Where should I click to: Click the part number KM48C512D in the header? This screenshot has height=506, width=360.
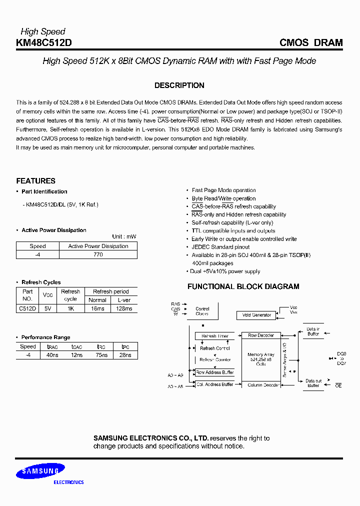click(44, 43)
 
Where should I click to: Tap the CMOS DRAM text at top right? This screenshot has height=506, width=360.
click(310, 43)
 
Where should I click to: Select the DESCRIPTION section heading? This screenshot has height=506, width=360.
click(179, 85)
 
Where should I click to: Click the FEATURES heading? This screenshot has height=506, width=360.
click(35, 181)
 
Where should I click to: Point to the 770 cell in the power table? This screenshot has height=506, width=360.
click(98, 254)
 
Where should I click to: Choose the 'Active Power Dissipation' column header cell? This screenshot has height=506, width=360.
click(98, 246)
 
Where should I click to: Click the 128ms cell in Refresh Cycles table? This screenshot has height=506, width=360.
click(124, 308)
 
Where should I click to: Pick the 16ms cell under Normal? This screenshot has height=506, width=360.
click(97, 308)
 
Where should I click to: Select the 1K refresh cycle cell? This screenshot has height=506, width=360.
click(70, 308)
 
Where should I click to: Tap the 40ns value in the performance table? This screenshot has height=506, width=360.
click(52, 355)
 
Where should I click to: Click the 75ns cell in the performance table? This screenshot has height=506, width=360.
click(101, 355)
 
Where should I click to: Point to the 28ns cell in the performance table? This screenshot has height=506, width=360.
click(125, 355)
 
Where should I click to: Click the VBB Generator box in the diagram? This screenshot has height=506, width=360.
click(256, 315)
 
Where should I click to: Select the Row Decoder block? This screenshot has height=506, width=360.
click(261, 335)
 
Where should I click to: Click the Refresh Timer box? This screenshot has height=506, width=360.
click(214, 336)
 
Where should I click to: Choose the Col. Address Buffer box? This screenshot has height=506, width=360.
click(214, 384)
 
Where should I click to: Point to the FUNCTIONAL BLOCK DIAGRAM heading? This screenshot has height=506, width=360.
click(243, 286)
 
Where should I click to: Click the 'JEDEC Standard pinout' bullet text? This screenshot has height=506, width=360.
click(220, 247)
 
